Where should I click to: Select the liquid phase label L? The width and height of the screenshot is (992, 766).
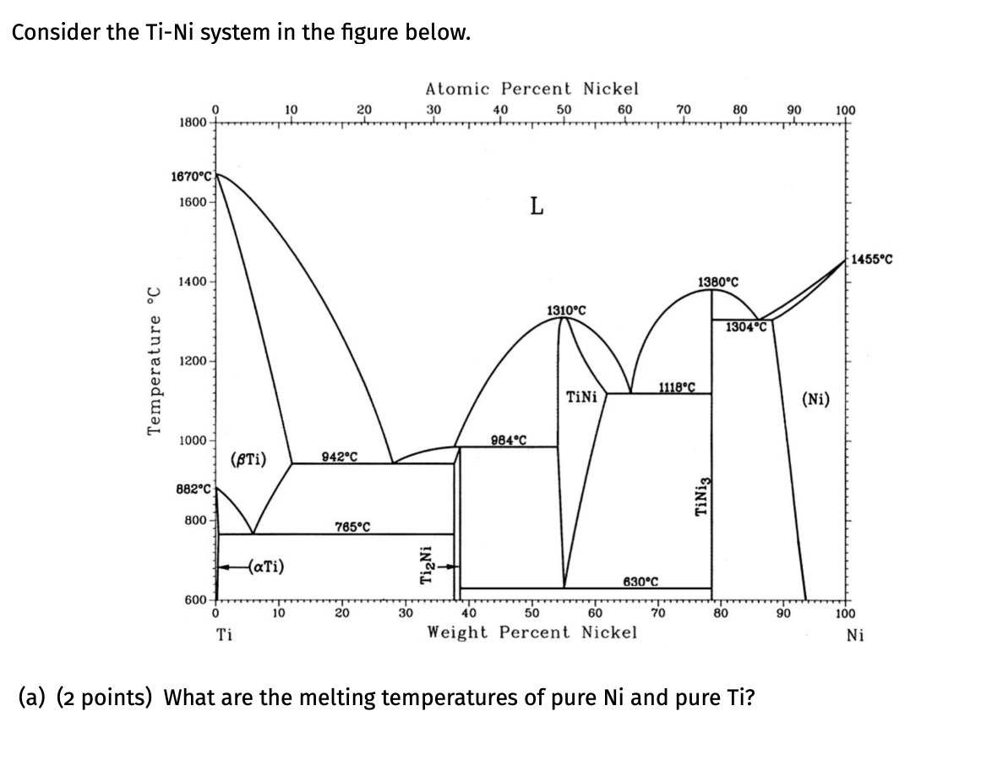tap(536, 205)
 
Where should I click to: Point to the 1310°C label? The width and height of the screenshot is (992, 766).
tap(566, 310)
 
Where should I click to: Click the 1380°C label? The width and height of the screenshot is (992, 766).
tap(718, 281)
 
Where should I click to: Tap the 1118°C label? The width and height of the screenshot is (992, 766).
tap(676, 387)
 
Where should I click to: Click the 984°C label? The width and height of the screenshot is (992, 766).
tap(509, 439)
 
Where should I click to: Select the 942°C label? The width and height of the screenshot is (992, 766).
tap(340, 457)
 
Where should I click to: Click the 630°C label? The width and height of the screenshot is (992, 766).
tap(640, 581)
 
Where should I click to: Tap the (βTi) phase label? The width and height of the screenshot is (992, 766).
tap(248, 460)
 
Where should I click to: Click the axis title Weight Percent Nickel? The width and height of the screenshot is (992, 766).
tap(531, 632)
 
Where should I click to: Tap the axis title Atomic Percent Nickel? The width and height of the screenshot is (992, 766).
tap(531, 88)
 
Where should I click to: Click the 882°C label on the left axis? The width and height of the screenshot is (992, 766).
tap(193, 490)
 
